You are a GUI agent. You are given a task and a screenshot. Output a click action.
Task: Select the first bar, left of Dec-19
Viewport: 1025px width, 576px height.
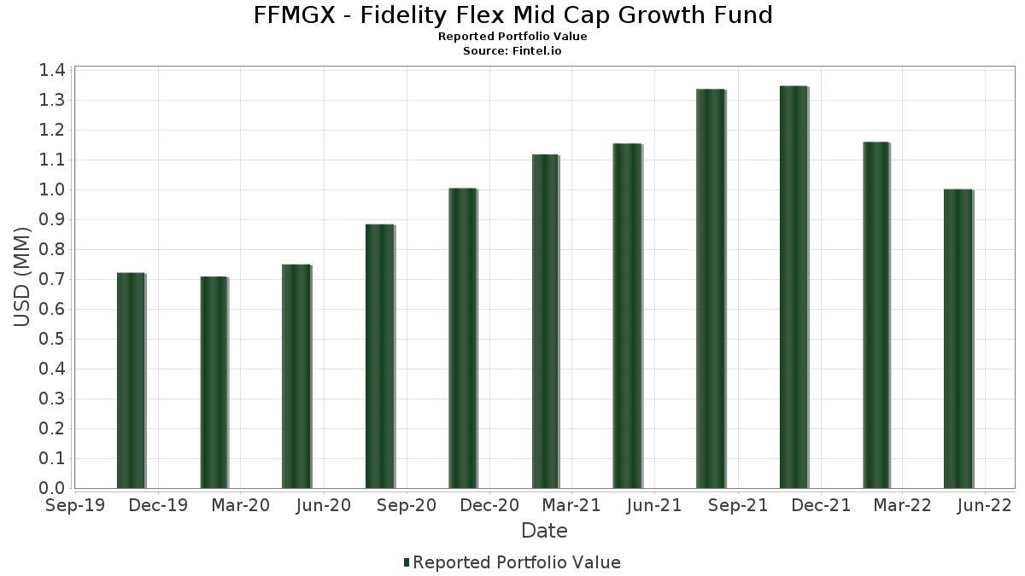(131, 381)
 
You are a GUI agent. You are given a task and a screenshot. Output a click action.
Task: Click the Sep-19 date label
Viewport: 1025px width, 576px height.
(75, 506)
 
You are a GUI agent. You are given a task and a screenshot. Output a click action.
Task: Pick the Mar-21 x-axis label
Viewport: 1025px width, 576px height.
(571, 506)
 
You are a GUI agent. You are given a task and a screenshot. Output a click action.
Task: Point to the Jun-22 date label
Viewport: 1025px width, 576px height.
(984, 506)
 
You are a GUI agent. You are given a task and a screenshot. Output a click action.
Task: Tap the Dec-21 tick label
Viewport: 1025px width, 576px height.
(820, 506)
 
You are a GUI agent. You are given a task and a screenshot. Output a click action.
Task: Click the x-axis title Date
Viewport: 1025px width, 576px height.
(544, 531)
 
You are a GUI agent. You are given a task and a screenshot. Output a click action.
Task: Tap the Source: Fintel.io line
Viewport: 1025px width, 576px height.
(512, 51)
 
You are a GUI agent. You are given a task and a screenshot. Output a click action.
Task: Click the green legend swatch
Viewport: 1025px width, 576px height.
(407, 562)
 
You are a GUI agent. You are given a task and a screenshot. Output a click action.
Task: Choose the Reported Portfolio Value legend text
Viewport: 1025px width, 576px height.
(517, 562)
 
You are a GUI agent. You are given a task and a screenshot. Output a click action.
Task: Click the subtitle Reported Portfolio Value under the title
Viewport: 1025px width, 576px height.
(512, 37)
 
